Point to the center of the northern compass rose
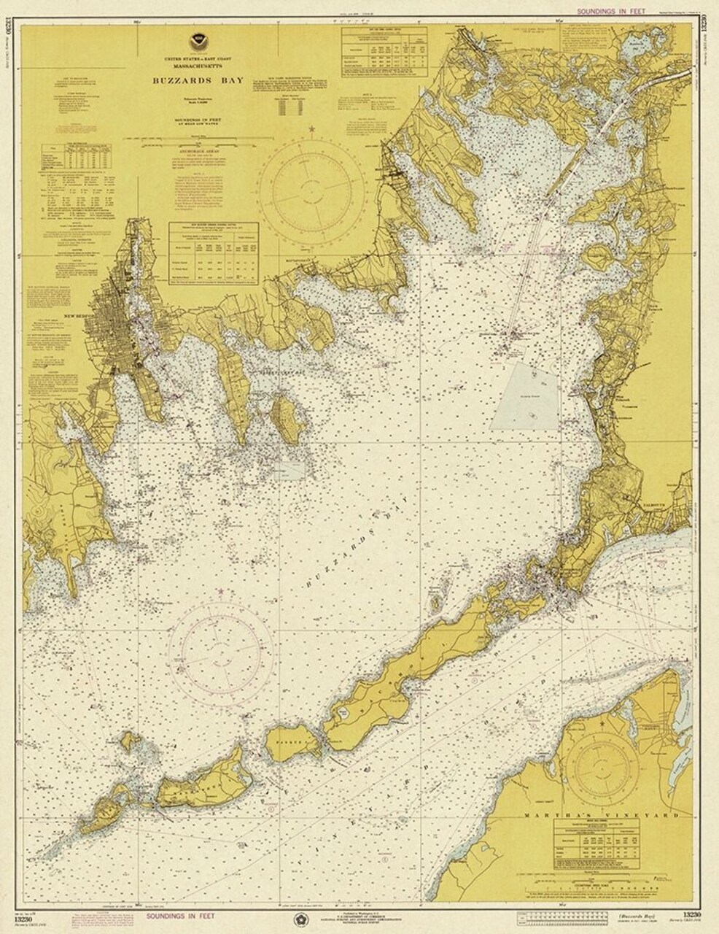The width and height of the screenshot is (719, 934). click(312, 187)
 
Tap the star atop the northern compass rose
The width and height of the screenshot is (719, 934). click(313, 130)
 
